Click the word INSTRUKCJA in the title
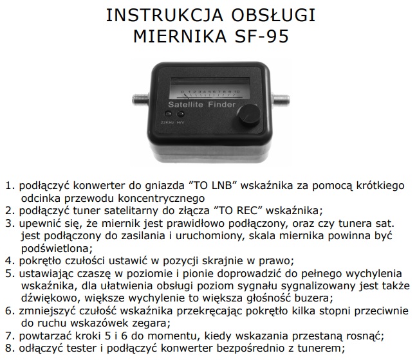tap(165, 15)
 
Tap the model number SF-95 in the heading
tap(262, 37)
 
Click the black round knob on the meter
tap(249, 116)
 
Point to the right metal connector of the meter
tap(280, 99)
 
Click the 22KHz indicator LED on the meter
tap(168, 114)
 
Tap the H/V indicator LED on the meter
tap(181, 114)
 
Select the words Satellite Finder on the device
tap(202, 104)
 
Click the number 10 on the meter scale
tap(237, 92)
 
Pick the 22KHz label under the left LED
tap(167, 123)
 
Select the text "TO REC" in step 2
tap(239, 210)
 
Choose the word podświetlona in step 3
tap(57, 248)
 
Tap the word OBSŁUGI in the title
tap(273, 15)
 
